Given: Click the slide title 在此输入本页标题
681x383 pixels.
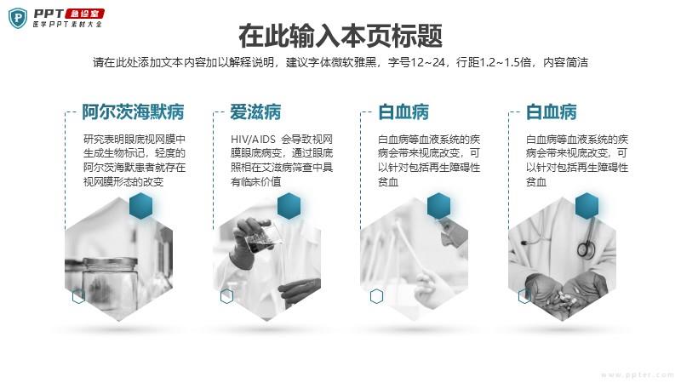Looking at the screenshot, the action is coord(340,36).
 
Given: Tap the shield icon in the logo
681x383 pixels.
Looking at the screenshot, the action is coord(18,18).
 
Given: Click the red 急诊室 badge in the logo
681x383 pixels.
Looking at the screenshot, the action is coord(84,14).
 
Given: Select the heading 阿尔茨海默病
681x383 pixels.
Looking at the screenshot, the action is coord(134,112).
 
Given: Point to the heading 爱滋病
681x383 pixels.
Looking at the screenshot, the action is coord(255,112).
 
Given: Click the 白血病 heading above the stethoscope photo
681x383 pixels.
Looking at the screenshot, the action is coord(551,112).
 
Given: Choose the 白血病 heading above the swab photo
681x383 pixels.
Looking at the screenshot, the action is coord(403,112).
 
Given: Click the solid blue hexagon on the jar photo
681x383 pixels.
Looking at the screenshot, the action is coord(141,206).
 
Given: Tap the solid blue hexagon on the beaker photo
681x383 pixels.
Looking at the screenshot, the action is coord(289,206).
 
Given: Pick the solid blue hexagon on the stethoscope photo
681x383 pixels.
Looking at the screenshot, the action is coord(587,206).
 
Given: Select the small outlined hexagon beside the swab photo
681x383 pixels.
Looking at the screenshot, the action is coord(376,296).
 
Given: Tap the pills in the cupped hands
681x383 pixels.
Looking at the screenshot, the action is coord(564,298).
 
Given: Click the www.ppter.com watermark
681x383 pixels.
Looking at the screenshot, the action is coord(637,374).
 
